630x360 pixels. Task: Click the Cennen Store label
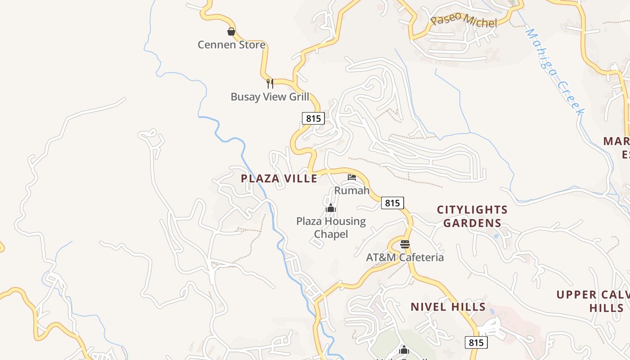coord(231,45)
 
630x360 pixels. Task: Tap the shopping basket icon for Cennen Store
coord(231,31)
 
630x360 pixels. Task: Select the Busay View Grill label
coord(270,97)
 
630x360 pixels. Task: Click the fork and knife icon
coord(270,83)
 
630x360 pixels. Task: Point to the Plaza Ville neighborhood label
coord(279,179)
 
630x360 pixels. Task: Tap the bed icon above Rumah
coord(352,177)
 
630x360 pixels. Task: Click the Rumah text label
coord(351,190)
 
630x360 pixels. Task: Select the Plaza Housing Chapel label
coord(331,228)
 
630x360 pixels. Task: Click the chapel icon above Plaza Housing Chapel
coord(331,208)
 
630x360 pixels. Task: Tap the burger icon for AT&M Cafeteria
coord(405,244)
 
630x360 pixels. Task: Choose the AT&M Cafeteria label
coord(405,257)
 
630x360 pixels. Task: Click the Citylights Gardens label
coord(472,216)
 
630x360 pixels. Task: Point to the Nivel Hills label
coord(448,307)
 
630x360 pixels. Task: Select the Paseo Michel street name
coord(463,21)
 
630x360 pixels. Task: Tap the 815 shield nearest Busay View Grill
coord(313,118)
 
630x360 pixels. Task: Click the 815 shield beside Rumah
coord(392,203)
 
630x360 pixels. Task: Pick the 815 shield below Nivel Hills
coord(476,342)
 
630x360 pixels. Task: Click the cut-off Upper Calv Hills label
coord(592,301)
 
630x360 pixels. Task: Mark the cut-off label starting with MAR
coord(617,148)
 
